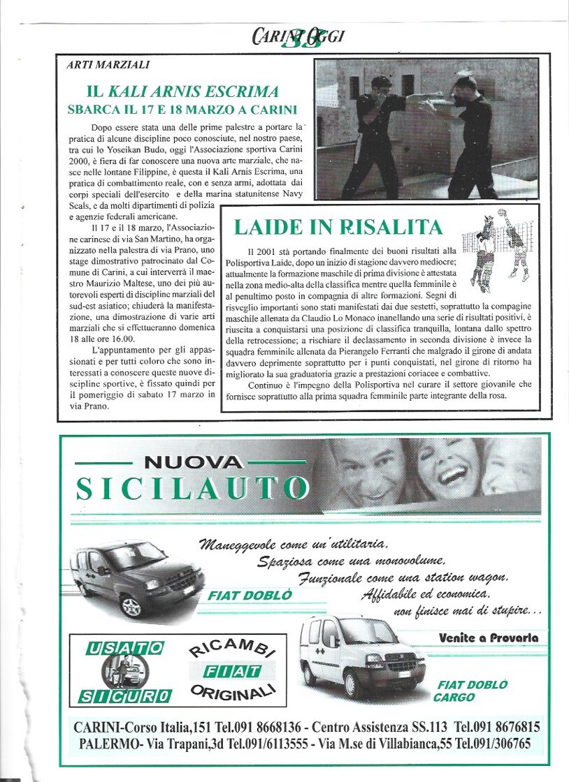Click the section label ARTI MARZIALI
pyautogui.click(x=108, y=65)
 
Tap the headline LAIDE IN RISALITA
pyautogui.click(x=338, y=227)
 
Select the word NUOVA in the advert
pyautogui.click(x=193, y=462)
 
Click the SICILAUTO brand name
pyautogui.click(x=192, y=489)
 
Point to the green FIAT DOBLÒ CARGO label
pyautogui.click(x=473, y=691)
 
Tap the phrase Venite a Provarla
pyautogui.click(x=489, y=637)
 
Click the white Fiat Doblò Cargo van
pyautogui.click(x=361, y=656)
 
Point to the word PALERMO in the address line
pyautogui.click(x=101, y=744)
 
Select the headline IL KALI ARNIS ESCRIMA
pyautogui.click(x=182, y=91)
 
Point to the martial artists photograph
pyautogui.click(x=426, y=130)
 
